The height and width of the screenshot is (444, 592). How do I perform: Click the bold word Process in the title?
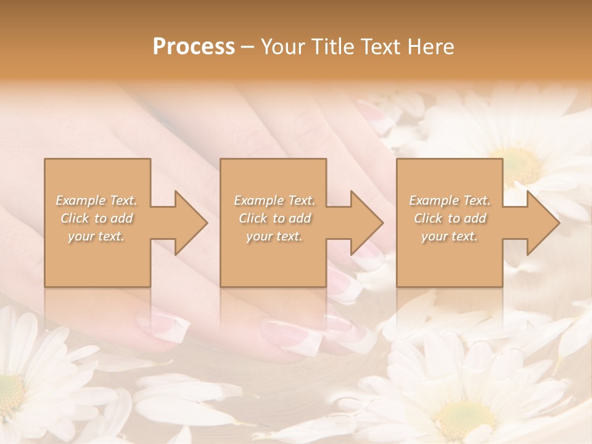[194, 47]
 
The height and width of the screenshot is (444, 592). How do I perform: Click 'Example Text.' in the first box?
[97, 200]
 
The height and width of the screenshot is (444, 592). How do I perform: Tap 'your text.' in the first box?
[97, 236]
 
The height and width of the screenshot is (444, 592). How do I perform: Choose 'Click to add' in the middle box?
[274, 218]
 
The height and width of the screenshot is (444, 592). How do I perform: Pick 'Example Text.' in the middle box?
[274, 200]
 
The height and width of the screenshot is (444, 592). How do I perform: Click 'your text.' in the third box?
[450, 236]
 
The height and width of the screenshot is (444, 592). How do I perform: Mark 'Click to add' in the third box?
[450, 218]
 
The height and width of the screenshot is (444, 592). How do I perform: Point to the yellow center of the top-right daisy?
[518, 163]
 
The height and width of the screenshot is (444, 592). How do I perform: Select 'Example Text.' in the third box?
[450, 200]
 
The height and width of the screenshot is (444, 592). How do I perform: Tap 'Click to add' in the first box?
[97, 218]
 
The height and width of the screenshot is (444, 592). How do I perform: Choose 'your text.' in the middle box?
[274, 236]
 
